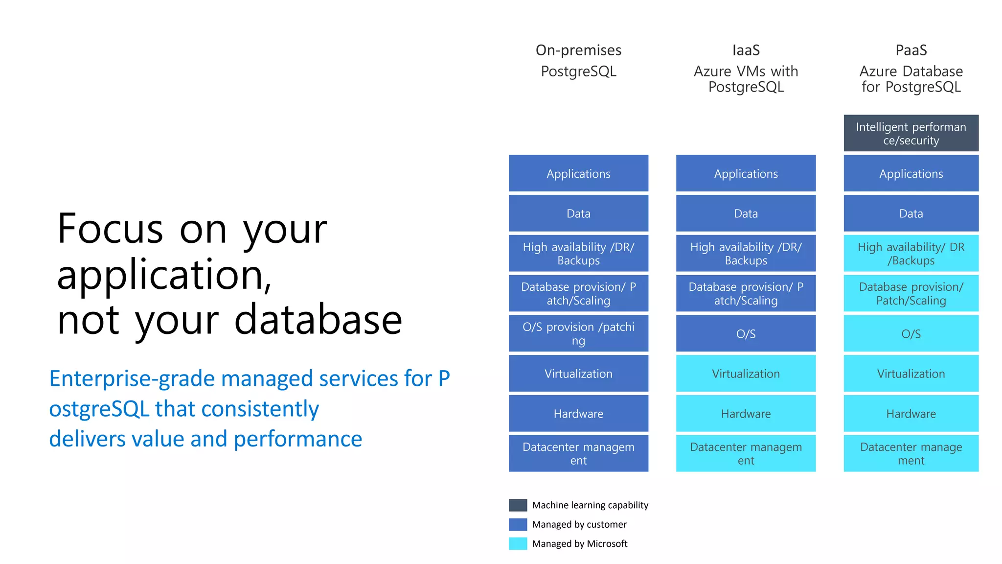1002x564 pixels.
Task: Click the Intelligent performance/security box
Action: [911, 133]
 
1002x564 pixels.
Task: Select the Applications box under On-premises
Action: [578, 173]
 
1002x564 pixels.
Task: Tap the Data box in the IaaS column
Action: [746, 213]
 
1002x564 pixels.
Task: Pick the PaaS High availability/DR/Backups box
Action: [911, 254]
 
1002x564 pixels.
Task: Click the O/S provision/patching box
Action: [578, 333]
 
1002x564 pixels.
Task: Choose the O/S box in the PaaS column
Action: [911, 333]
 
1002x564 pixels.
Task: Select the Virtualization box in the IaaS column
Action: [746, 374]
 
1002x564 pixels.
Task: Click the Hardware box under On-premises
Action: [578, 414]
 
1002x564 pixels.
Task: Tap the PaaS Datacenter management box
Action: [911, 453]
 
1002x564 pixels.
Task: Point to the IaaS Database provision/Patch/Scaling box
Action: [746, 293]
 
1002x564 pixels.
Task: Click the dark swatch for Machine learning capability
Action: [518, 505]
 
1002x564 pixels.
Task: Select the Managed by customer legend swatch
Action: [518, 524]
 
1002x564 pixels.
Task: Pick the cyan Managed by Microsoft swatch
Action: [518, 543]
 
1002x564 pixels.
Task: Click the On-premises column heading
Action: [578, 50]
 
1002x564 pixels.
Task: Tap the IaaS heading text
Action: [746, 50]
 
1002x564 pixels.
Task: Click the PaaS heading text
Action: [911, 50]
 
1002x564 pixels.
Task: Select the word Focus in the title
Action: [110, 229]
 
